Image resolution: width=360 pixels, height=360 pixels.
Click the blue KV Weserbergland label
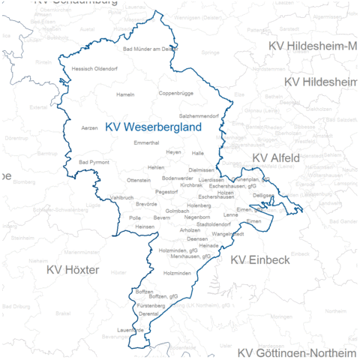pos(153,127)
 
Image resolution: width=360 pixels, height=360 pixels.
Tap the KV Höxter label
pos(73,268)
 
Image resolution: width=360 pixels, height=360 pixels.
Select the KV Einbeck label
pos(259,259)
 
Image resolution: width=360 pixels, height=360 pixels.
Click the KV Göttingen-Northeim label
pos(298,352)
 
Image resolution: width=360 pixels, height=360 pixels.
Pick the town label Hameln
pos(125,94)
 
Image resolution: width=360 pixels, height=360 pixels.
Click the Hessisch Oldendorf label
pos(94,68)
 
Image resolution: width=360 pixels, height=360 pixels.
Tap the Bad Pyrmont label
pos(94,162)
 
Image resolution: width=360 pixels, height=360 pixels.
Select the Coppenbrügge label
pos(176,94)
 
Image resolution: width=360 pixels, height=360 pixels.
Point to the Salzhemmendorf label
pos(199,116)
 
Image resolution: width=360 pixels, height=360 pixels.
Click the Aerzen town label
pos(89,128)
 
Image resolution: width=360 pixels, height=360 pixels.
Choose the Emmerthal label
pos(145,142)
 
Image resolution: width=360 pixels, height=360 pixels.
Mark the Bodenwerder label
pos(177,178)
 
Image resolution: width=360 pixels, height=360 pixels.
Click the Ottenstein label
pos(139,181)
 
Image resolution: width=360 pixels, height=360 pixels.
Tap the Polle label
pos(135,217)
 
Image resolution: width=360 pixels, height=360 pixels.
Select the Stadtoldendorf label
pos(213,224)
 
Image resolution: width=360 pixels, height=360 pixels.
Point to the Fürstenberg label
pos(151,306)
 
